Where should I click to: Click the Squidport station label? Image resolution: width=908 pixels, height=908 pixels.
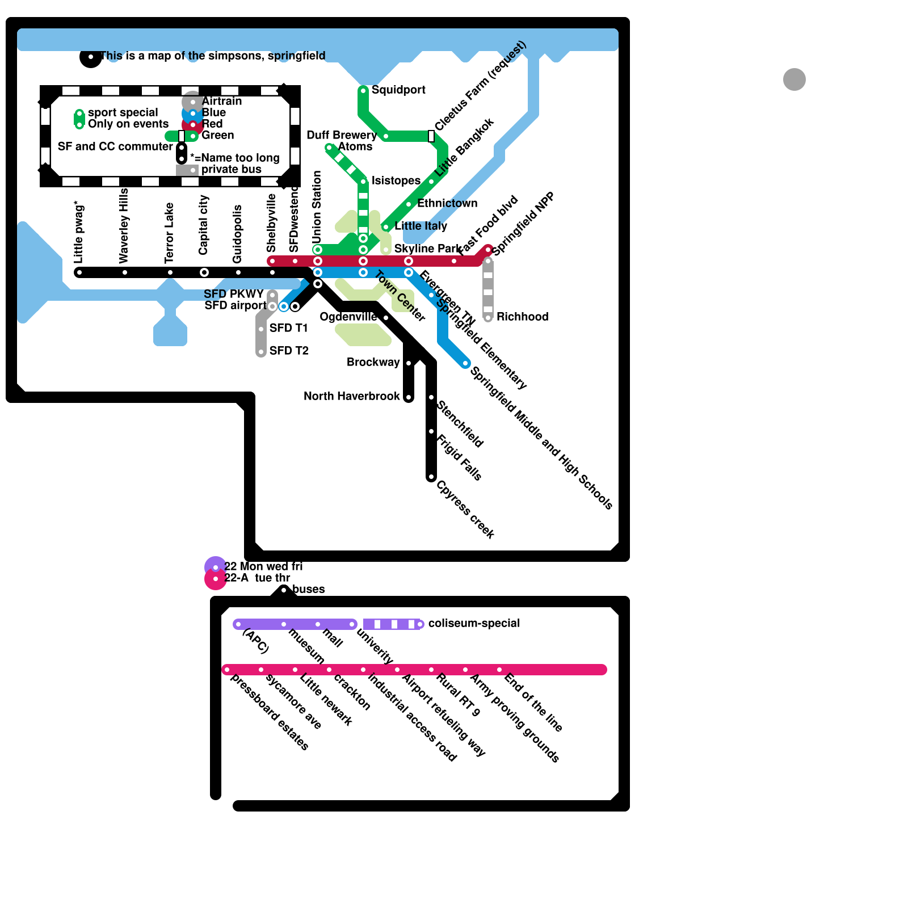[398, 90]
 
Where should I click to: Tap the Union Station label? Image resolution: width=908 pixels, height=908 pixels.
[317, 205]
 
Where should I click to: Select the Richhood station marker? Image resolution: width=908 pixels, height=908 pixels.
[488, 318]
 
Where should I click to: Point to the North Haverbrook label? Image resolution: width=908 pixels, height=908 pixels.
[351, 396]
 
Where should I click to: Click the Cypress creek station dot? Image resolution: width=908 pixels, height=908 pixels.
[431, 477]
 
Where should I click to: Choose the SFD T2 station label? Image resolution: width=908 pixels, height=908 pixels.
[289, 351]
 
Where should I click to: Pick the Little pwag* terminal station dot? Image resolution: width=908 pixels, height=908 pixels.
[79, 273]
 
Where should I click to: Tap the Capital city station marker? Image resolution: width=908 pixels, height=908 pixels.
[204, 273]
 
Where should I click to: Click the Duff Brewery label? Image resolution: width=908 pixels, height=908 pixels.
[341, 135]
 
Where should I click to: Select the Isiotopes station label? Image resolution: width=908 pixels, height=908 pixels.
[396, 181]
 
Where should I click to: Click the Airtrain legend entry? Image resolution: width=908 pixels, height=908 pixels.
[221, 102]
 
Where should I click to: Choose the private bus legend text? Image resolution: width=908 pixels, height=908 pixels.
[232, 170]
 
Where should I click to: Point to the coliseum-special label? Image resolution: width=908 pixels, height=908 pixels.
[474, 624]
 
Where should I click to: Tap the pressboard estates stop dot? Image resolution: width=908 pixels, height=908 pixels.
[227, 670]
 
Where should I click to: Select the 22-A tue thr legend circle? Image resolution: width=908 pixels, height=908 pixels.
[216, 579]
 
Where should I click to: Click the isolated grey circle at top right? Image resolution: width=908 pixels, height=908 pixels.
[794, 79]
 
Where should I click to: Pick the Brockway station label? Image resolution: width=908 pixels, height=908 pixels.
[373, 362]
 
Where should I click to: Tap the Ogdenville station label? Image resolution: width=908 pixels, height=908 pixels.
[348, 317]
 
